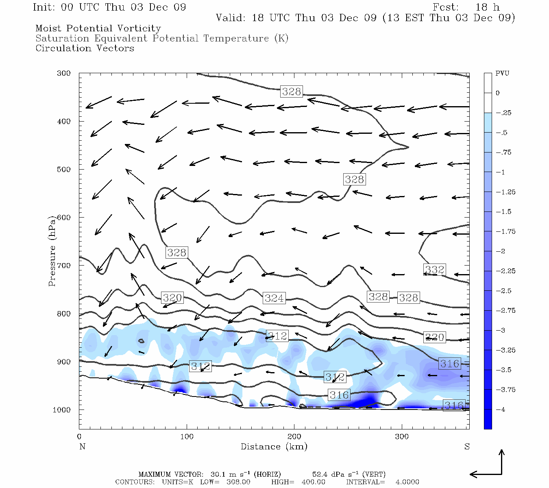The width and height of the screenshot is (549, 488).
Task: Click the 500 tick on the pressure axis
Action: (x=64, y=169)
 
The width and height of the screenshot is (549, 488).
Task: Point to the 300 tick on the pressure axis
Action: (x=64, y=73)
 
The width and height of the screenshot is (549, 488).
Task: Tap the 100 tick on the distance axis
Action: (x=187, y=436)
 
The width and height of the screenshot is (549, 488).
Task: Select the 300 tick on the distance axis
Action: (x=402, y=436)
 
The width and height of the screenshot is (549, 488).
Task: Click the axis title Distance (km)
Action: (x=274, y=447)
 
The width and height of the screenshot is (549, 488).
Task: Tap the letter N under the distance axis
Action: (x=82, y=447)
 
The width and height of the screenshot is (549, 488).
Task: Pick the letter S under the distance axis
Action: (x=467, y=447)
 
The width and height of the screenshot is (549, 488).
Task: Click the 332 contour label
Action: (x=435, y=270)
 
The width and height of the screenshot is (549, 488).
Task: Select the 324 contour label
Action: (x=274, y=298)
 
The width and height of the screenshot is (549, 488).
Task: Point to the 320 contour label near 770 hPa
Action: (x=172, y=298)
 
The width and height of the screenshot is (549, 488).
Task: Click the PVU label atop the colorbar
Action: (x=502, y=74)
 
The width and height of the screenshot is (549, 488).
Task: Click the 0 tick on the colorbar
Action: (x=497, y=93)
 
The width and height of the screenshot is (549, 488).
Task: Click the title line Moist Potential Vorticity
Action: (x=98, y=28)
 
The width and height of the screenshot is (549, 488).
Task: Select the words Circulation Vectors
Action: (x=85, y=48)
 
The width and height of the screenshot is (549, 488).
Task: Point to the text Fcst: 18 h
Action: (x=466, y=7)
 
